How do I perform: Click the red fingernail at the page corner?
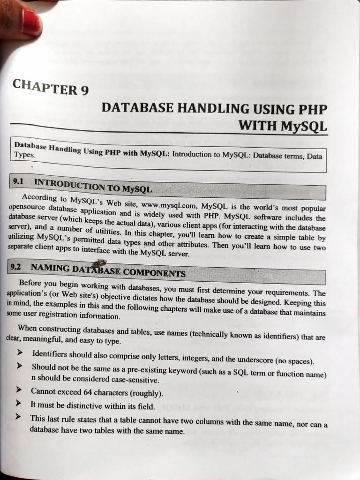31,22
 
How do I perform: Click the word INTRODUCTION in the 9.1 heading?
70,184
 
